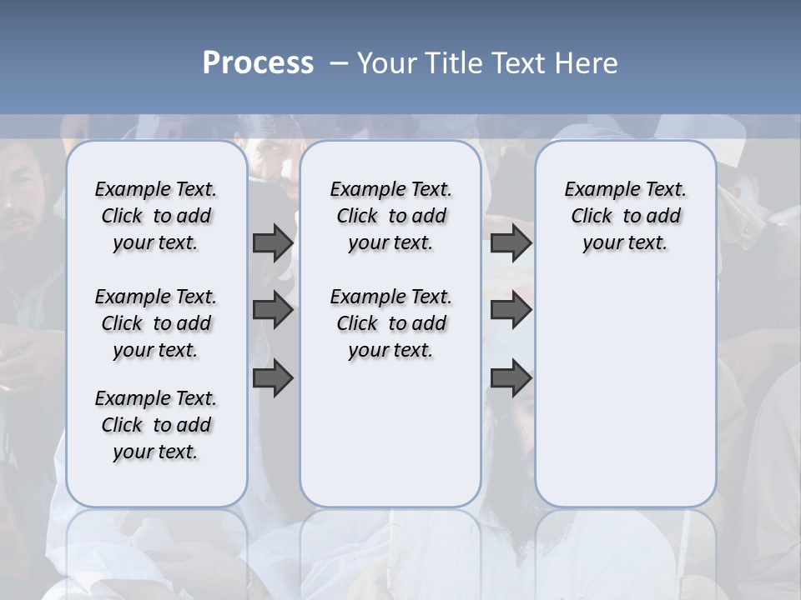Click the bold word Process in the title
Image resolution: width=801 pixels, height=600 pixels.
coord(258,62)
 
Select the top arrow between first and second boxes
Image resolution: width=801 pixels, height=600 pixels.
coord(272,243)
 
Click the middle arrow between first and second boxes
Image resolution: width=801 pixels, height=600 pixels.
coord(272,310)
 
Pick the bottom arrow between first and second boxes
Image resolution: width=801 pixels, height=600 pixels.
coord(272,378)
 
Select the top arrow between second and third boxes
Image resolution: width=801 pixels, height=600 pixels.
coord(510,243)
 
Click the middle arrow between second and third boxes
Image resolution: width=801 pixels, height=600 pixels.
coord(510,310)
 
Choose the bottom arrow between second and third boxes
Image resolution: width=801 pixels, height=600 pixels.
coord(510,378)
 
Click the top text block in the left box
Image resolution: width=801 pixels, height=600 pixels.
coord(156,216)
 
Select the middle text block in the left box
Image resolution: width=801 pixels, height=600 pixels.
coord(156,323)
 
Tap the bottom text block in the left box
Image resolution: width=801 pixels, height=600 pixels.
coord(156,425)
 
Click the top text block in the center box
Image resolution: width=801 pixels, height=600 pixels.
coord(390,216)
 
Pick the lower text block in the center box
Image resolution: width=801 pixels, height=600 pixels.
coord(390,323)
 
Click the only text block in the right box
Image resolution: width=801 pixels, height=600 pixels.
coord(625,216)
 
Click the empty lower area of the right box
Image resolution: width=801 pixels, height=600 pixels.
coord(625,392)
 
